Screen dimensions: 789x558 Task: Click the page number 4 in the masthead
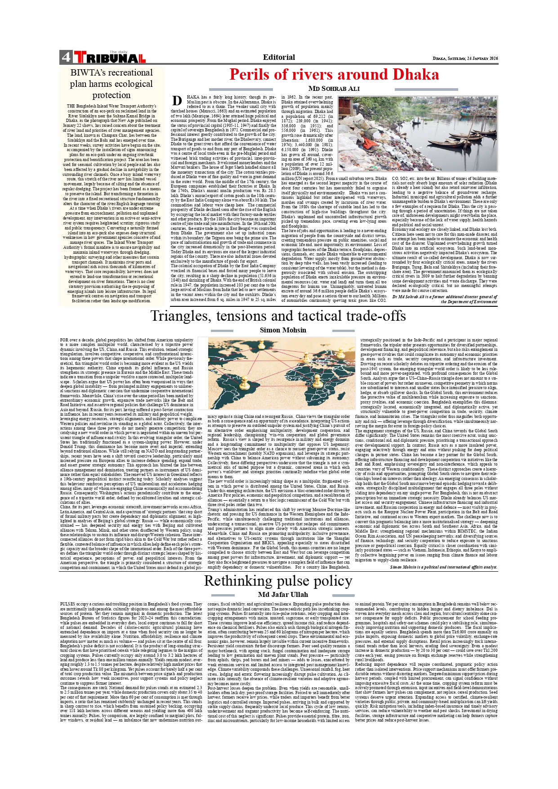coord(66,58)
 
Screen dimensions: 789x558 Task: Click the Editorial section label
coord(279,57)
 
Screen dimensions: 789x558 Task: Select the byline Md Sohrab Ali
coord(334,89)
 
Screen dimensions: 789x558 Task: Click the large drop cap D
coord(177,101)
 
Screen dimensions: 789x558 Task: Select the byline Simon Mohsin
coord(283,330)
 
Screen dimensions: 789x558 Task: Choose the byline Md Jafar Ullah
coord(283,595)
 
